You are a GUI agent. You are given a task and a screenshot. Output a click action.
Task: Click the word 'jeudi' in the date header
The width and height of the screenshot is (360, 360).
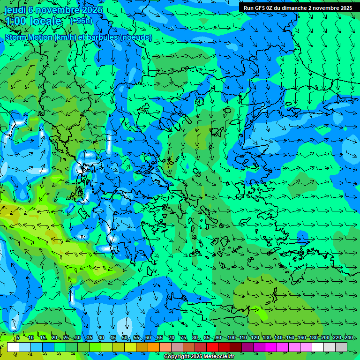[15, 10]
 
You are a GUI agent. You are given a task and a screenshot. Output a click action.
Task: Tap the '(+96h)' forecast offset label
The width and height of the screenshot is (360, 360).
[81, 21]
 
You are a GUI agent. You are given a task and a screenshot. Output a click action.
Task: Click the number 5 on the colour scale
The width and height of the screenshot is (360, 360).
[18, 337]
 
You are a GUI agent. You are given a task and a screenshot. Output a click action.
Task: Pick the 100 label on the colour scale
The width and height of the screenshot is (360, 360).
[231, 337]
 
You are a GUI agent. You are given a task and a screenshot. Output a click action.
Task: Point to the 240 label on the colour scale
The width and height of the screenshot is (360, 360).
[348, 337]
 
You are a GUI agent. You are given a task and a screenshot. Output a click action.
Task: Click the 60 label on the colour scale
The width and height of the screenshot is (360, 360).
[148, 337]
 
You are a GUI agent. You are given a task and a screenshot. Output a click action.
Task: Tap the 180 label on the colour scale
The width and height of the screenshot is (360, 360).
[313, 337]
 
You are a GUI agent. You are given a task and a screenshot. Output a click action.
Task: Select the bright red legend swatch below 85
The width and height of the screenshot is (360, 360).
[212, 347]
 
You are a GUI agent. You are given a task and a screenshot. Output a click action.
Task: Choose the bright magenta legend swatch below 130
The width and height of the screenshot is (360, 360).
[271, 347]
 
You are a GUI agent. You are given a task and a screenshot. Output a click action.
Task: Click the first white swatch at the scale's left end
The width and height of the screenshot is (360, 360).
[13, 347]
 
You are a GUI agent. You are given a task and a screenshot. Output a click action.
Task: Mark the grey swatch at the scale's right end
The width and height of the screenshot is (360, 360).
[341, 347]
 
